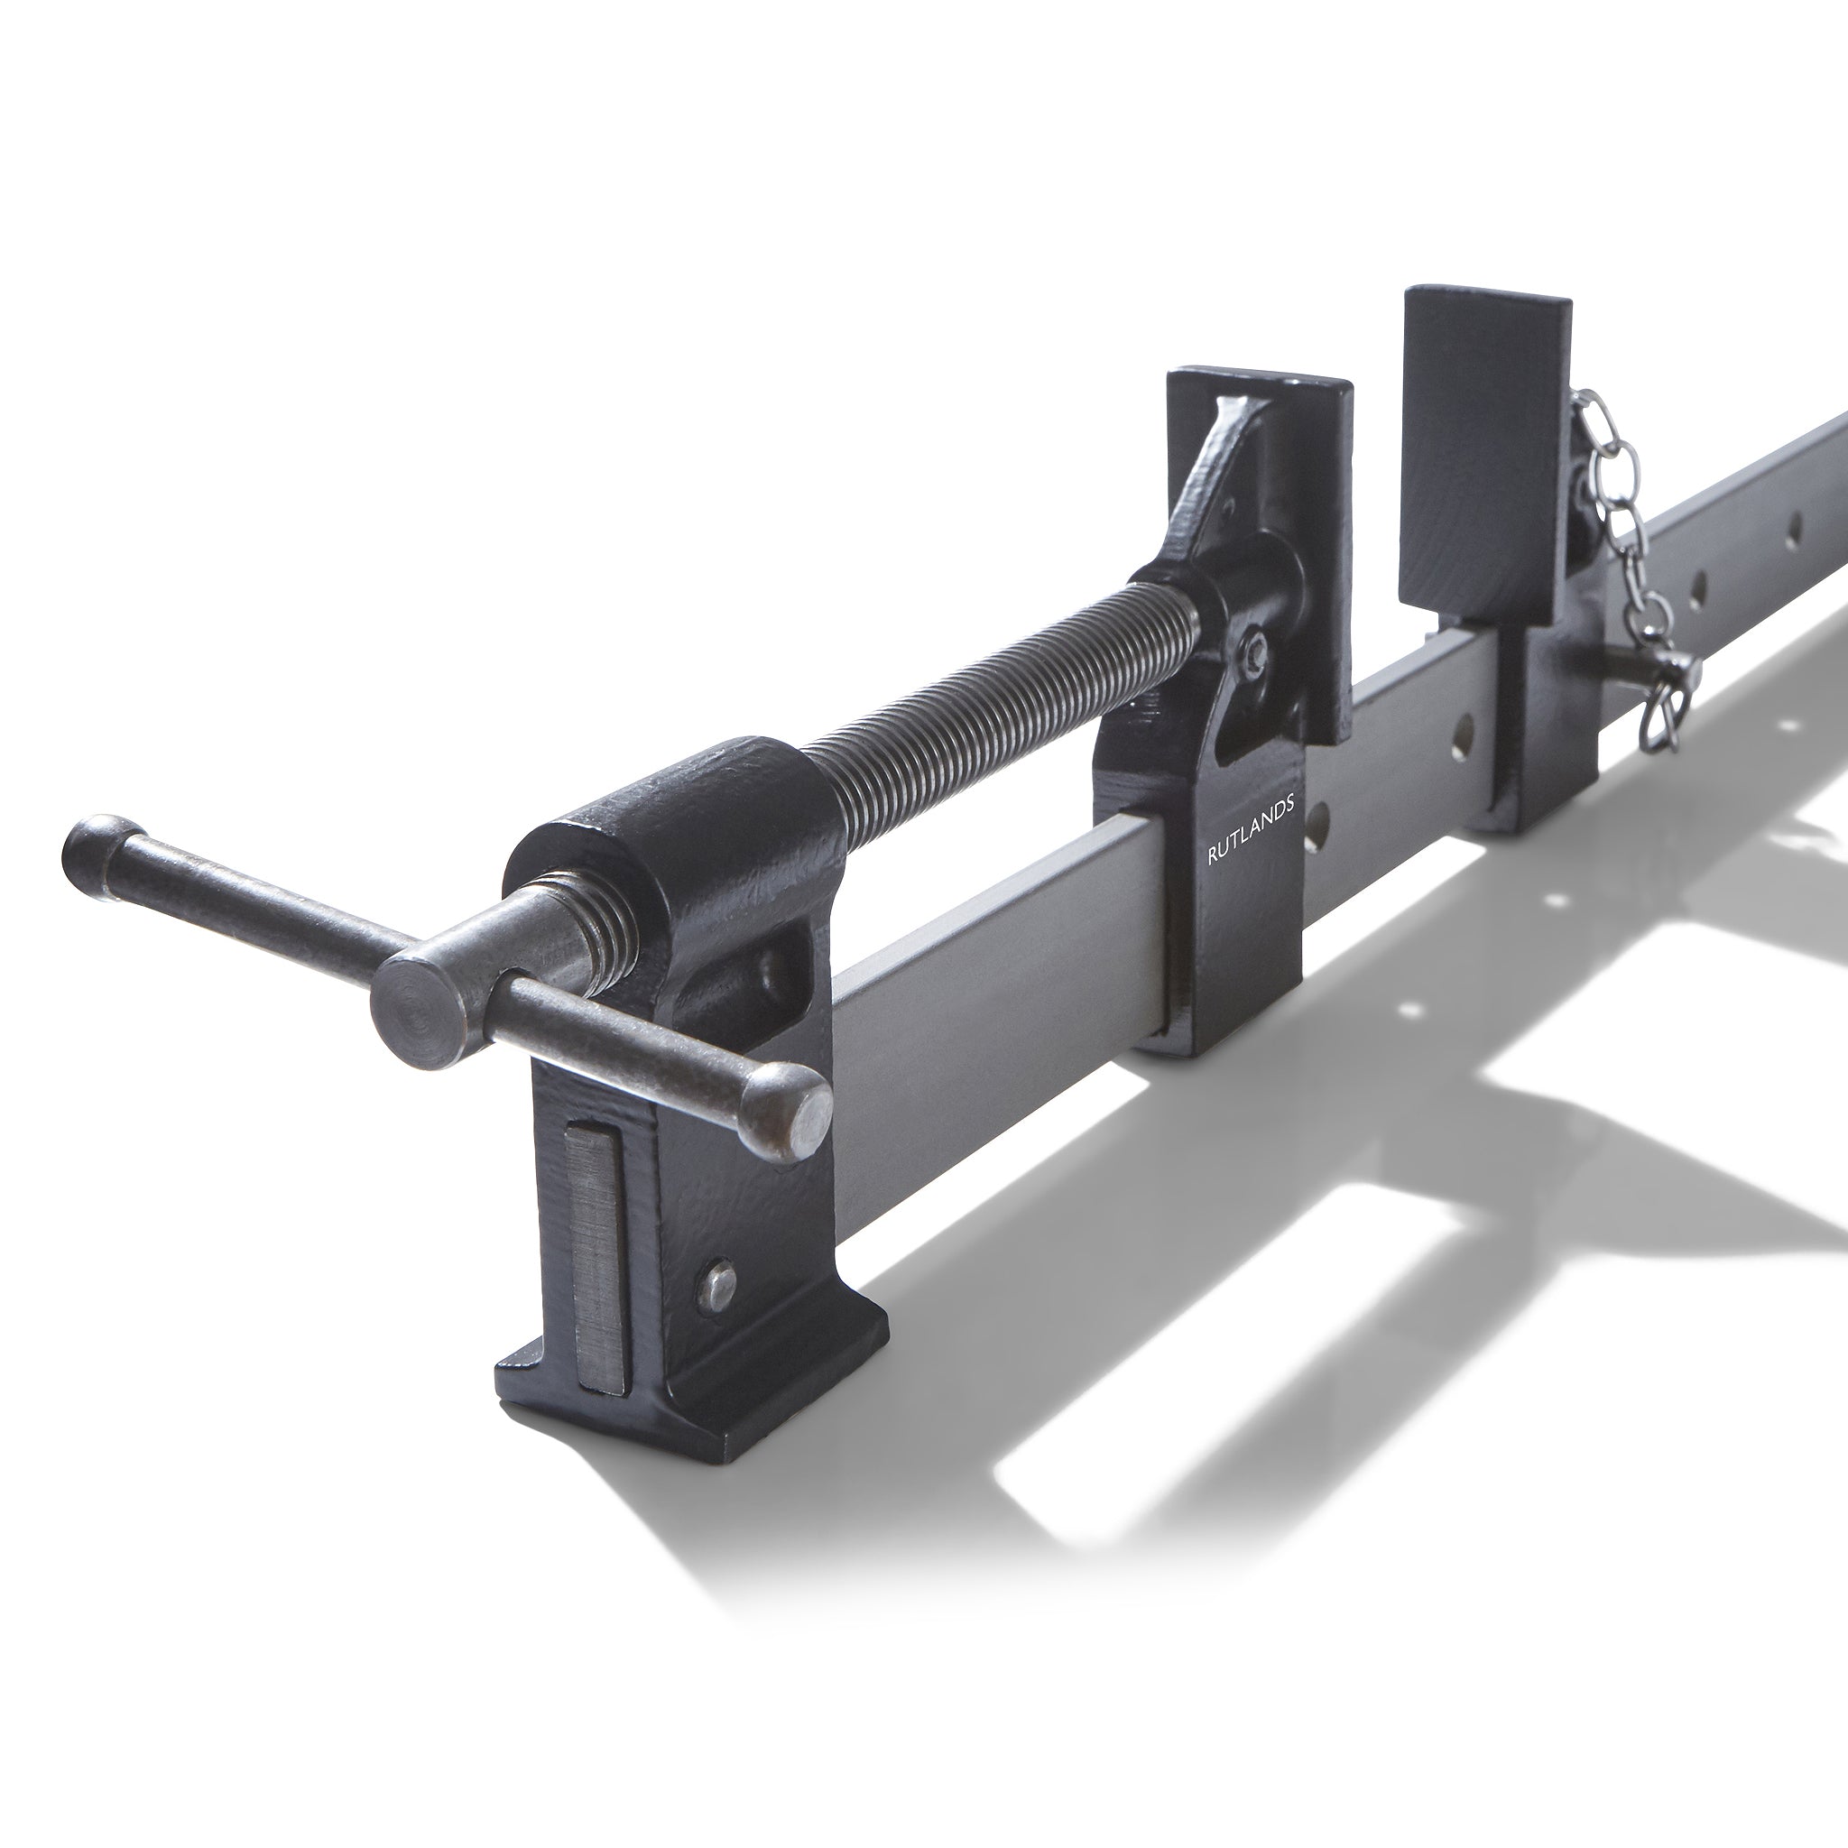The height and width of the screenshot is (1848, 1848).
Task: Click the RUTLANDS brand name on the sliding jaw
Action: click(x=1252, y=831)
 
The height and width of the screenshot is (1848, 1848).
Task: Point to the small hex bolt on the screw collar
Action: click(x=1254, y=652)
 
